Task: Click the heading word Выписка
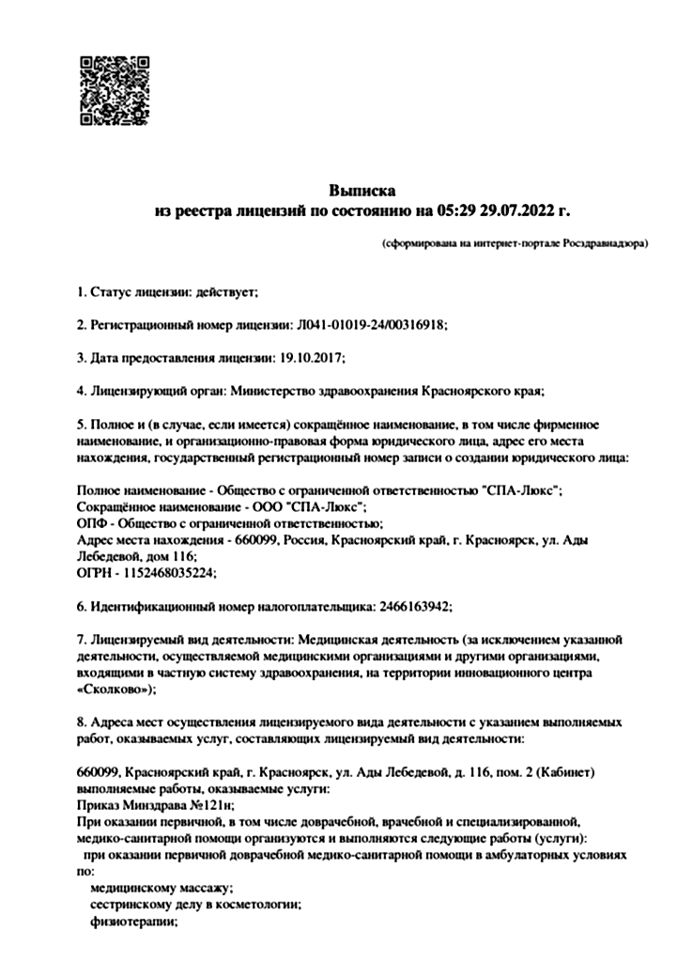point(362,192)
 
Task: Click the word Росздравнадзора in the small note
point(604,243)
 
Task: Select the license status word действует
point(225,293)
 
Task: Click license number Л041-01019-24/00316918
point(372,325)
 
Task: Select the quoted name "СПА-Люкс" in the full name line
point(521,490)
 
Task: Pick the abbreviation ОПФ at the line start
point(90,523)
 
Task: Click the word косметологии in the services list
point(259,904)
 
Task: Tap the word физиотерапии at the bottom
point(132,921)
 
